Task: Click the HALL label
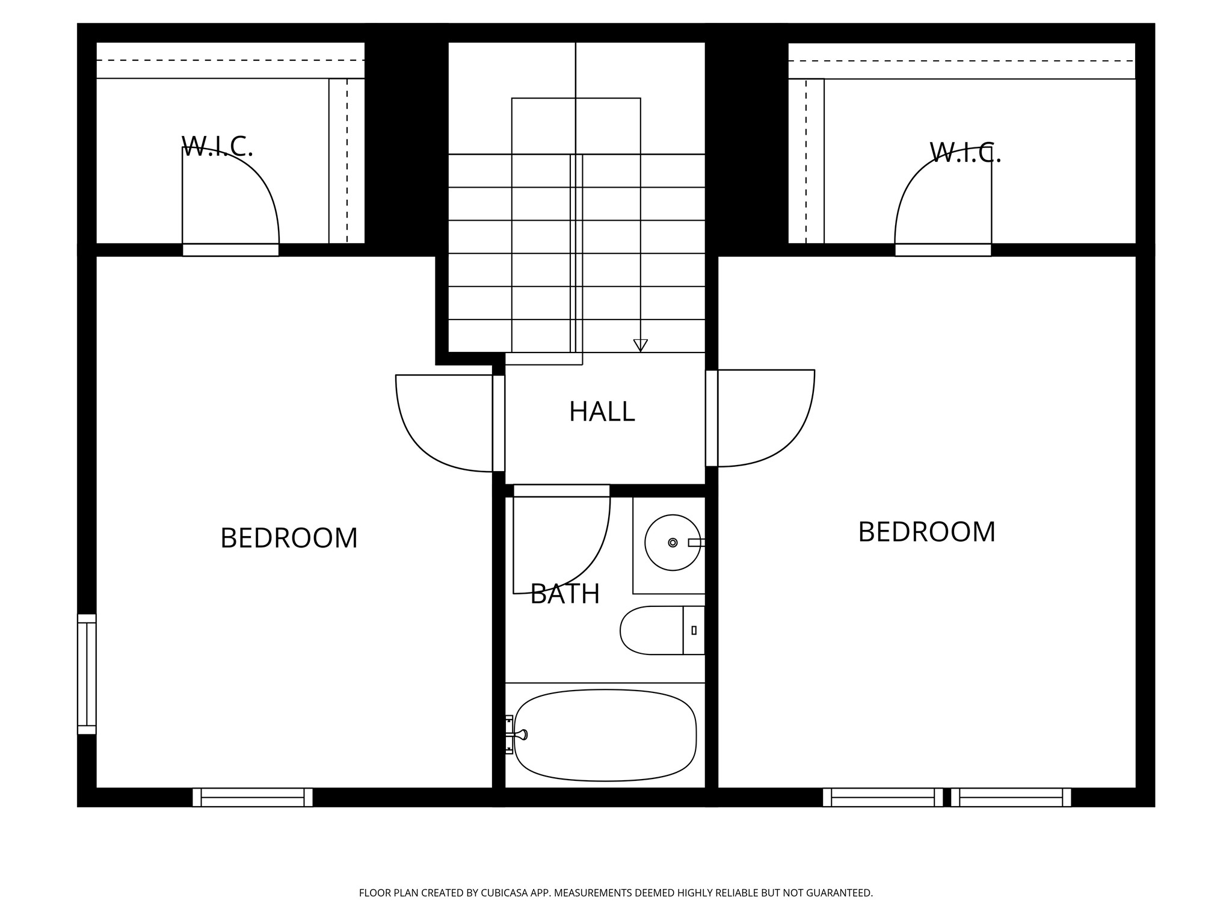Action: click(x=602, y=412)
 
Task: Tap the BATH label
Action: click(x=564, y=594)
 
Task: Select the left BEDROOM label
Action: click(x=289, y=538)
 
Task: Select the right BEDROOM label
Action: click(x=926, y=532)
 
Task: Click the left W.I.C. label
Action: click(x=217, y=146)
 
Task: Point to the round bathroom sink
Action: click(x=672, y=543)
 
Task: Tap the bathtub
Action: click(x=605, y=735)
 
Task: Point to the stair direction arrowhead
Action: click(x=640, y=345)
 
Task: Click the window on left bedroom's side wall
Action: click(x=87, y=674)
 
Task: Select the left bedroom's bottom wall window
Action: click(x=252, y=797)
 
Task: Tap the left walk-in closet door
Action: click(x=230, y=250)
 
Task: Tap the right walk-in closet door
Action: click(x=943, y=250)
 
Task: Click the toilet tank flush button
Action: click(x=694, y=630)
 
